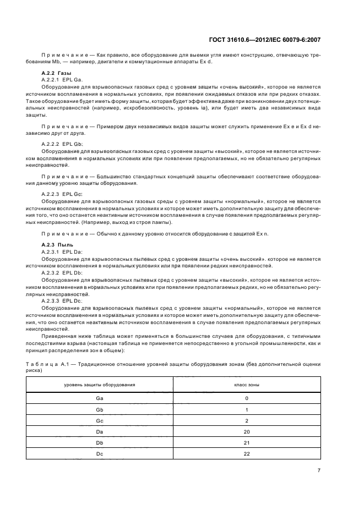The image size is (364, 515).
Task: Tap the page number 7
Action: [x=319, y=470]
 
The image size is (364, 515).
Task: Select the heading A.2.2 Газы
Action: [x=54, y=74]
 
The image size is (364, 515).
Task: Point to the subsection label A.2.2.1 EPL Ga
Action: [x=61, y=80]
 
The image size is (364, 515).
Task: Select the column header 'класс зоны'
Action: [x=247, y=384]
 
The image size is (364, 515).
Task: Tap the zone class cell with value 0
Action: [x=247, y=398]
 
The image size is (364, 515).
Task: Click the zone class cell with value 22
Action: [x=247, y=453]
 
